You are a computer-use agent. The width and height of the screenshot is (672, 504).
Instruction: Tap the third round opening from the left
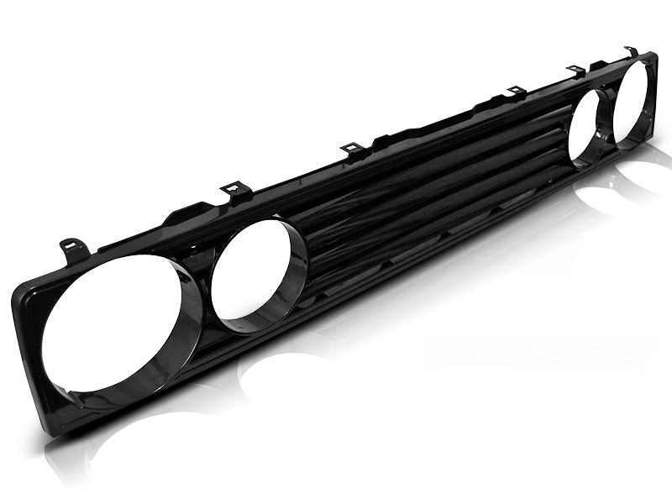586,126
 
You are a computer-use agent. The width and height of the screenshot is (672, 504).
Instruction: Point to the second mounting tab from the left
236,192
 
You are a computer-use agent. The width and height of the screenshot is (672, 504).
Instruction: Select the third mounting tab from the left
352,150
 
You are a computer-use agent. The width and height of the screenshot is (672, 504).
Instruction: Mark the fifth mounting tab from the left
576,71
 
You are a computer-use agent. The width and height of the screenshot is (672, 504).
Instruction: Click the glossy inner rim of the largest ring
181,336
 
